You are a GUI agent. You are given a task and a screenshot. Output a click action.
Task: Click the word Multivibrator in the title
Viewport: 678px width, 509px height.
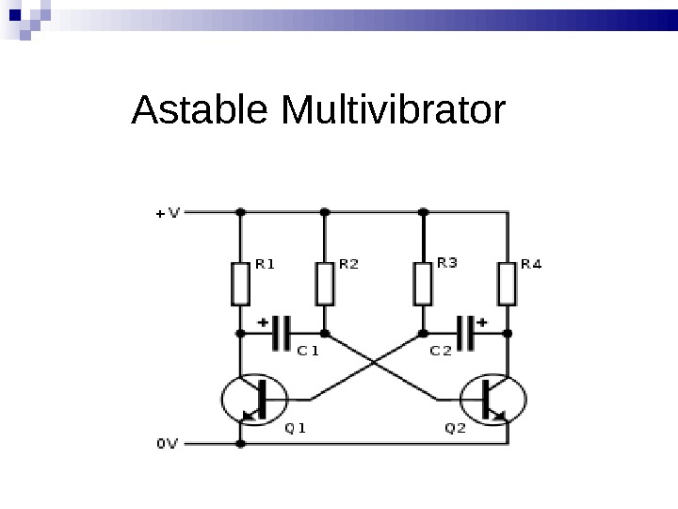pyautogui.click(x=393, y=111)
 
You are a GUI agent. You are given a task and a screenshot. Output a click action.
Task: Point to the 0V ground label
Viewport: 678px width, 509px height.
pyautogui.click(x=166, y=441)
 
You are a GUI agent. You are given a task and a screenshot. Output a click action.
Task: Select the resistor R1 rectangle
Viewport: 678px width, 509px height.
pyautogui.click(x=240, y=284)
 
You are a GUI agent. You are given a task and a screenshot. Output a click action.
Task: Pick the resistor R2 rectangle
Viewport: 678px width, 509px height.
pyautogui.click(x=325, y=284)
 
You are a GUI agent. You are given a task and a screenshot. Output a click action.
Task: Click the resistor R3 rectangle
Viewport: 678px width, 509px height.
pyautogui.click(x=423, y=284)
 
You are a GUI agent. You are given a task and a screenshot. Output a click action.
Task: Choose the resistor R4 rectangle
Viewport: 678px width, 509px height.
pyautogui.click(x=508, y=284)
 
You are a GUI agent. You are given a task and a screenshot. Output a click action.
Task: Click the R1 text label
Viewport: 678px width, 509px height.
pyautogui.click(x=266, y=265)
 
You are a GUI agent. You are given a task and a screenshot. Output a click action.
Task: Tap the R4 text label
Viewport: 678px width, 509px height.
pyautogui.click(x=532, y=265)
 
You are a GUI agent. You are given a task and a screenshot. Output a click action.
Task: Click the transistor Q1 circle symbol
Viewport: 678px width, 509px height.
pyautogui.click(x=251, y=400)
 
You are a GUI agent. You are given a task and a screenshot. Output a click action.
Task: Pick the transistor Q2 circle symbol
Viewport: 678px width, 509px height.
pyautogui.click(x=493, y=400)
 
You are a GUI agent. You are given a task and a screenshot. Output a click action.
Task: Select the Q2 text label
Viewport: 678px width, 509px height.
pyautogui.click(x=455, y=426)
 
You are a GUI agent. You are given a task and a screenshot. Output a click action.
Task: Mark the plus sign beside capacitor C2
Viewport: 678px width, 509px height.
pyautogui.click(x=482, y=320)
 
